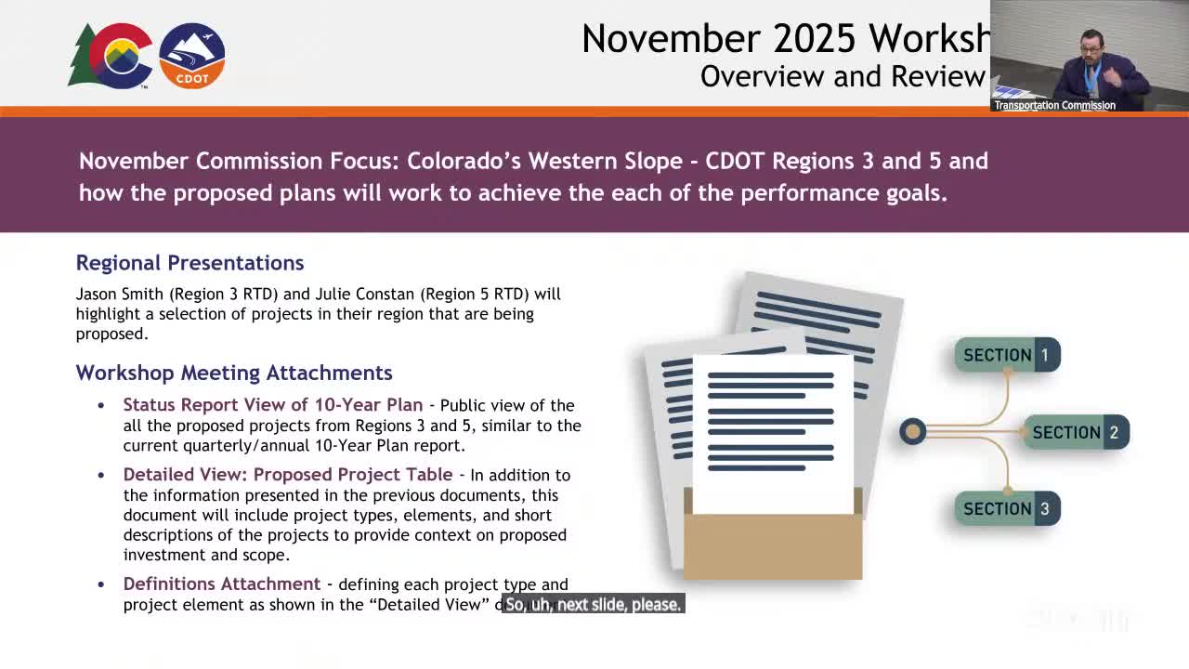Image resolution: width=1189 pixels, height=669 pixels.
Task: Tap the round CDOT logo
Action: point(192,56)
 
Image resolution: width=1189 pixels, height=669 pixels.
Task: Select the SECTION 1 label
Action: point(1007,355)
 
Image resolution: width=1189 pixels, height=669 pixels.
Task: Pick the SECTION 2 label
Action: point(1076,432)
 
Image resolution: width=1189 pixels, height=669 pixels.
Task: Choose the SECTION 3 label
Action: point(1007,509)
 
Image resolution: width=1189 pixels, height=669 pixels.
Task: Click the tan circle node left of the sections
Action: point(912,431)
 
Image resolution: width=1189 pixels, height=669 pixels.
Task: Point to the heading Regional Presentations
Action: point(189,263)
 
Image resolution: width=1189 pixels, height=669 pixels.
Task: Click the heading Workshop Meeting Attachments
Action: point(234,373)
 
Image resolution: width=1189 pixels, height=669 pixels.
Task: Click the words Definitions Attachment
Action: point(221,584)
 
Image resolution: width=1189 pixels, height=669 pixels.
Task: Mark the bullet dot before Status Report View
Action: point(101,406)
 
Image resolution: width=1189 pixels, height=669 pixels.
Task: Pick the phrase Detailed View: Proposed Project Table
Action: point(288,475)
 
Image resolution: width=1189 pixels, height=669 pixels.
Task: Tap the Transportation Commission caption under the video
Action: point(1054,105)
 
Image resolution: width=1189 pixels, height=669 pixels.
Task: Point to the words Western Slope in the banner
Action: point(606,161)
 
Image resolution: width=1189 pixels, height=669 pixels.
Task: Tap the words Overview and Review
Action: point(842,76)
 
